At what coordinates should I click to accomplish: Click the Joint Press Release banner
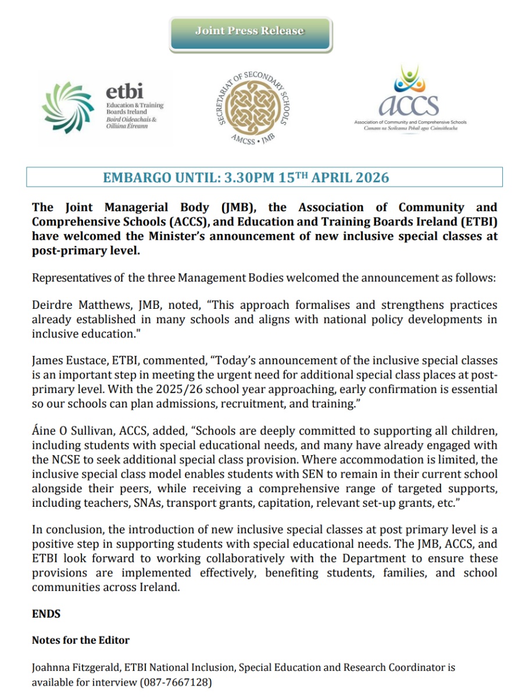(x=250, y=31)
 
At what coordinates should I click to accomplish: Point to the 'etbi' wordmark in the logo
(x=124, y=92)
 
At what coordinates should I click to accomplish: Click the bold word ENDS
(x=46, y=613)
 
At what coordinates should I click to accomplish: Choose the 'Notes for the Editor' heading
(x=80, y=640)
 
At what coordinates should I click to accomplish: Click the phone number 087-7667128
(x=176, y=682)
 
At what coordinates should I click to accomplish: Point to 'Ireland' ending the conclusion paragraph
(x=157, y=587)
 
